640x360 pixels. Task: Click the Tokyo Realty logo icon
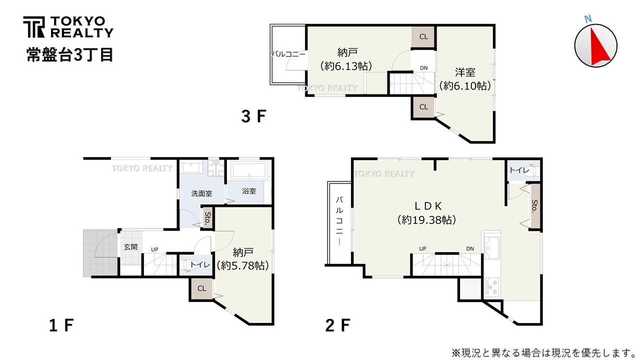click(x=33, y=27)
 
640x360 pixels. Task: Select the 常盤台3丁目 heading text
click(x=70, y=54)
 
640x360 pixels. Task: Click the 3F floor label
click(x=253, y=116)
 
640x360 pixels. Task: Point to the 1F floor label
click(x=61, y=325)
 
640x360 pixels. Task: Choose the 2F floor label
click(x=337, y=325)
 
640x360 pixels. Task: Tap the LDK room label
click(x=426, y=205)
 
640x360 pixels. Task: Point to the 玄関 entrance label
click(x=130, y=247)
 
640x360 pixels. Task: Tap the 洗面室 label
click(x=201, y=193)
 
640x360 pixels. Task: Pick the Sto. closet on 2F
click(x=534, y=206)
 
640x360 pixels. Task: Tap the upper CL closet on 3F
click(x=423, y=36)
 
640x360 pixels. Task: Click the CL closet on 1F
click(x=201, y=288)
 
